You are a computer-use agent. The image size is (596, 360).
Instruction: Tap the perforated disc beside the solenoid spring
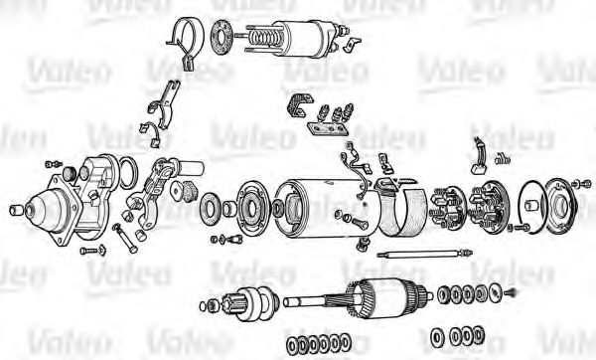(x=222, y=37)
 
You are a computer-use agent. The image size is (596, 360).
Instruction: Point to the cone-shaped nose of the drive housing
(x=46, y=210)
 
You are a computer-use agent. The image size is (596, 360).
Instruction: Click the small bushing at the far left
(x=16, y=209)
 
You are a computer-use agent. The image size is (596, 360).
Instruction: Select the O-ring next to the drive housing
(x=128, y=172)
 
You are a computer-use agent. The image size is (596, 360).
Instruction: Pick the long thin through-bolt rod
(x=425, y=255)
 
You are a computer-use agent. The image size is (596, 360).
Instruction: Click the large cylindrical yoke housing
(x=327, y=208)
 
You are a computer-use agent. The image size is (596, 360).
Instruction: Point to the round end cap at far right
(x=559, y=206)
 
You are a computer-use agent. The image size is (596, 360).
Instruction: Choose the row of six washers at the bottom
(x=318, y=344)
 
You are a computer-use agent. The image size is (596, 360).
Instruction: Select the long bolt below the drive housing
(x=125, y=239)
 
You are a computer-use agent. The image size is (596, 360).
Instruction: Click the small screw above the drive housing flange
(x=54, y=164)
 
